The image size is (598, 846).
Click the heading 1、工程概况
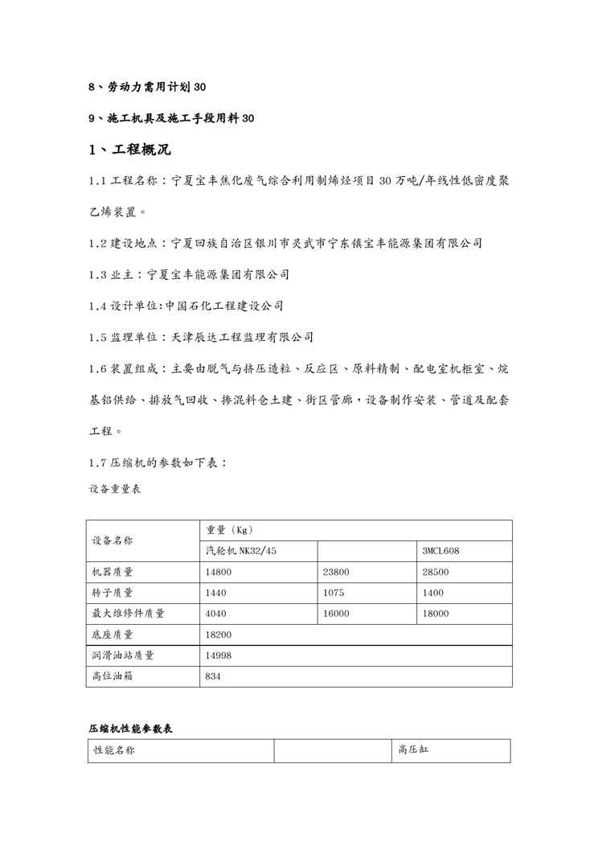click(129, 150)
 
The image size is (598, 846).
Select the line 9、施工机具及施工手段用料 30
click(171, 118)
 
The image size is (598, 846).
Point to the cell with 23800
click(335, 573)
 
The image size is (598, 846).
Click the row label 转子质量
click(113, 593)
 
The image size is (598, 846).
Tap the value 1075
click(333, 593)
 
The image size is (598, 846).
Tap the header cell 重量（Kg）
click(230, 530)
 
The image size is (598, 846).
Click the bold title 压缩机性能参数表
click(130, 728)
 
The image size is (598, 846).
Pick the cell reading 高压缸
click(414, 751)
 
